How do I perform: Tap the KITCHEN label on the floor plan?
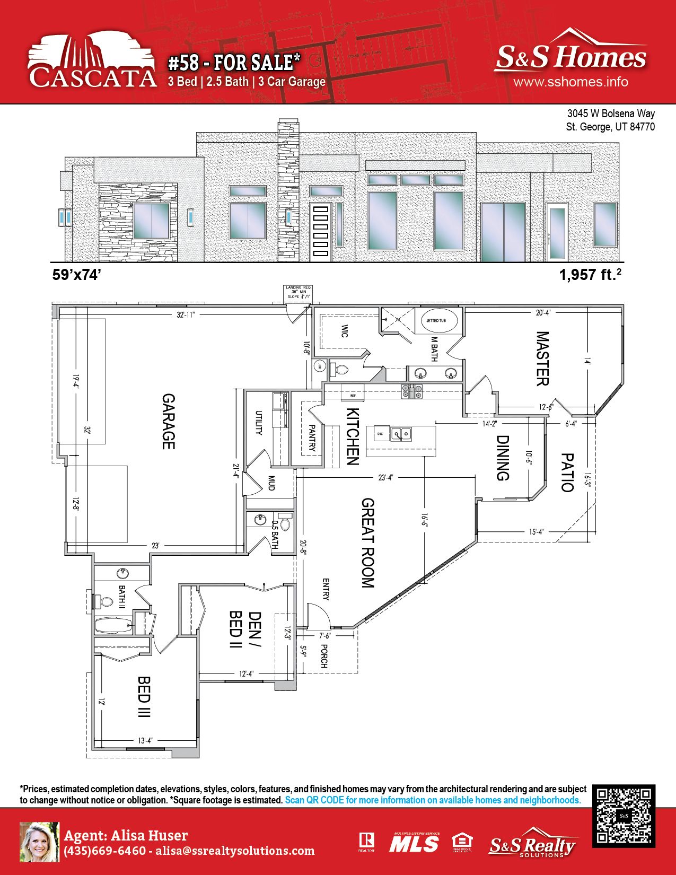pos(353,436)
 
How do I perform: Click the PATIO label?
pos(567,472)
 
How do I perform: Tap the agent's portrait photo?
pos(39,842)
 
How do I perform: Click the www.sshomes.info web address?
pos(570,82)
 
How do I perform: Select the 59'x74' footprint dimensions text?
pos(76,275)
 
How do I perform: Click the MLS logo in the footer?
pos(414,842)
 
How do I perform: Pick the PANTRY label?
pos(312,438)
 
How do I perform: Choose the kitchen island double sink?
pos(401,434)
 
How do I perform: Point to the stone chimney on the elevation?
pos(288,191)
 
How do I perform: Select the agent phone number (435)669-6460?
pos(104,851)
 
